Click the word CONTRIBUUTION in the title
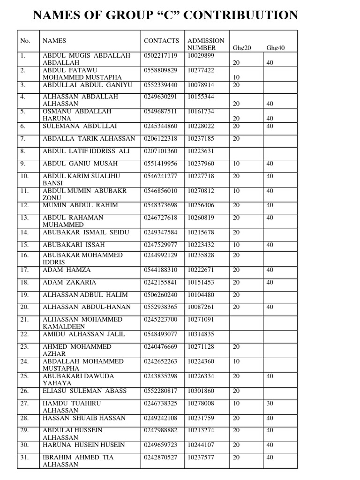[x=239, y=15]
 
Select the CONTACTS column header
[x=161, y=41]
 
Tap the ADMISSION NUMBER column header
[x=205, y=44]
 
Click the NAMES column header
[x=54, y=41]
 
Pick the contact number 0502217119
[x=161, y=55]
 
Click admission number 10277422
[x=201, y=70]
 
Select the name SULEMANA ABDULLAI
[x=80, y=126]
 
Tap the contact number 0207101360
[x=161, y=151]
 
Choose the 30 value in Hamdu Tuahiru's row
[x=270, y=403]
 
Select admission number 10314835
[x=201, y=334]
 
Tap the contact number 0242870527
[x=161, y=457]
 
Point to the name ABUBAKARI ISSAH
[x=74, y=245]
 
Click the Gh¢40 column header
[x=275, y=48]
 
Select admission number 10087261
[x=201, y=307]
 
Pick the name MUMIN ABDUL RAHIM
[x=80, y=205]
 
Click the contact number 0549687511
[x=161, y=112]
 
